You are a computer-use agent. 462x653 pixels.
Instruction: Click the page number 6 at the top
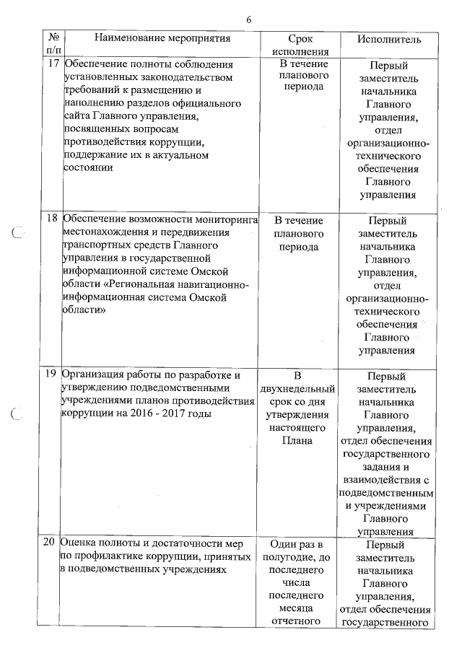pyautogui.click(x=248, y=19)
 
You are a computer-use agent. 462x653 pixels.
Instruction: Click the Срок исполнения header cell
pyautogui.click(x=300, y=44)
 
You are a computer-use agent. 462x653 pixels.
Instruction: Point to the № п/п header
pyautogui.click(x=53, y=44)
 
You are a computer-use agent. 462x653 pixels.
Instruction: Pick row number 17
pyautogui.click(x=53, y=63)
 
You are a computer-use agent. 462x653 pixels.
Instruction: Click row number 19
pyautogui.click(x=52, y=374)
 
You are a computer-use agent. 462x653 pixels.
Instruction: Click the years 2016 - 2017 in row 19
pyautogui.click(x=164, y=414)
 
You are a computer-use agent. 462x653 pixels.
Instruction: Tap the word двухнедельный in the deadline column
pyautogui.click(x=300, y=388)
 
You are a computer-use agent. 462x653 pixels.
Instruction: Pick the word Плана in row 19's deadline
pyautogui.click(x=300, y=440)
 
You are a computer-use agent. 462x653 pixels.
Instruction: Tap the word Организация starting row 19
pyautogui.click(x=94, y=374)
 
